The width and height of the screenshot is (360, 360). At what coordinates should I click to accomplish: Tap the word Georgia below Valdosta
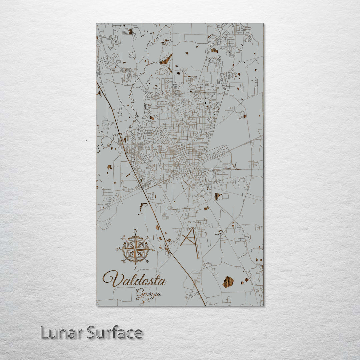(148, 294)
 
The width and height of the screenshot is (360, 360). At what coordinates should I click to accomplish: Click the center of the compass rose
(135, 249)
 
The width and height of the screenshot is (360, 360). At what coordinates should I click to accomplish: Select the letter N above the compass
(135, 231)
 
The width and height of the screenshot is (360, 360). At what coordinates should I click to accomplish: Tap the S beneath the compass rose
(135, 267)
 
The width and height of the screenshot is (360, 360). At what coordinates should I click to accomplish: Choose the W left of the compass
(117, 249)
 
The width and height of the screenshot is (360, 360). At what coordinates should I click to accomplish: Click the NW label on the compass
(123, 237)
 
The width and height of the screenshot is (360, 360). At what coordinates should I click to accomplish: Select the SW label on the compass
(124, 261)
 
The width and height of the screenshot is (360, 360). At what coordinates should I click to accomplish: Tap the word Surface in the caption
(115, 333)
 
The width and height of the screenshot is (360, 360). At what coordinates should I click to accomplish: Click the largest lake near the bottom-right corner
(228, 282)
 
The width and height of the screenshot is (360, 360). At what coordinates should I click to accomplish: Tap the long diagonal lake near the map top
(166, 59)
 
